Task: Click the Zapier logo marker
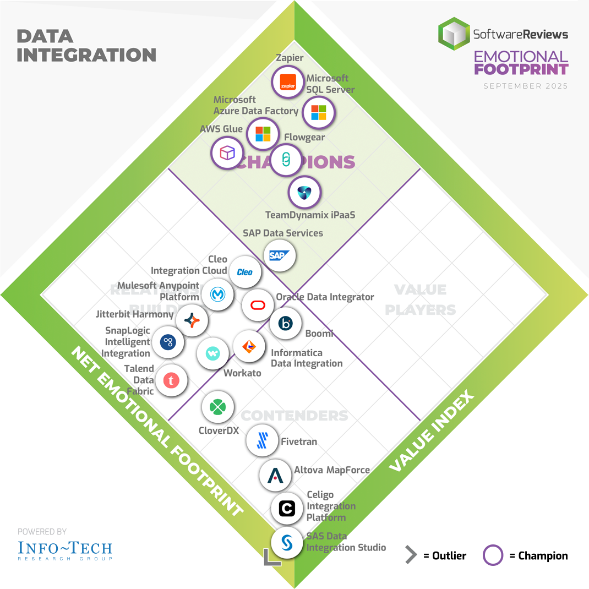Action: click(287, 81)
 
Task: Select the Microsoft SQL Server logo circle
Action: click(319, 112)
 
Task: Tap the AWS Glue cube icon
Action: click(227, 152)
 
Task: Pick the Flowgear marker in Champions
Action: click(286, 160)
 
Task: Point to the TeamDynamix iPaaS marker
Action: click(304, 192)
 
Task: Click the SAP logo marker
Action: click(280, 255)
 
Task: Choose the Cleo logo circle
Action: click(244, 272)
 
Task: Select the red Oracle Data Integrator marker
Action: click(258, 305)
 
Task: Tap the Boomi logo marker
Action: click(285, 323)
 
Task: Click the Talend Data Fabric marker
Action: click(171, 380)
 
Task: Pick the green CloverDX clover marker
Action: click(219, 407)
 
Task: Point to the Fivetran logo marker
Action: click(263, 440)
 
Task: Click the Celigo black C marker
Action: click(287, 509)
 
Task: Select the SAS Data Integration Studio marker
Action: click(287, 542)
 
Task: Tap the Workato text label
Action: click(242, 373)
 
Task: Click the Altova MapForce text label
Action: click(332, 470)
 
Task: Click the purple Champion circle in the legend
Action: click(493, 555)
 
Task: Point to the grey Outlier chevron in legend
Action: click(411, 555)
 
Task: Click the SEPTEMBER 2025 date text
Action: click(526, 86)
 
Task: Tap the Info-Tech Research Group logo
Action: click(65, 549)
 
